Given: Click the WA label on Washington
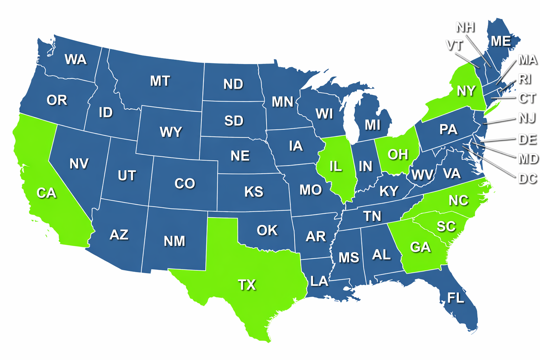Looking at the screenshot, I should coord(76,59).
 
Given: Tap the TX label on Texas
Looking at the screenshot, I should coord(247,284).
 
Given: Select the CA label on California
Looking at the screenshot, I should coord(46,193).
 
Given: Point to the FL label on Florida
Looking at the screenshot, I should coord(456,298).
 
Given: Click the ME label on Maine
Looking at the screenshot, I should coord(501,41).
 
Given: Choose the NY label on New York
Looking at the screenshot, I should coord(466,91).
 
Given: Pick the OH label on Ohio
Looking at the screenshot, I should coord(398,154).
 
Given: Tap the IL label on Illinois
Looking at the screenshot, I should coord(336,166).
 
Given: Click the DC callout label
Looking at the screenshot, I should coord(528,179).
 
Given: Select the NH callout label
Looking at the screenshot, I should coord(465,27).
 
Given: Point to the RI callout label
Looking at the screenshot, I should coord(525,79).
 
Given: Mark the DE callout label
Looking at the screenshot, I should coord(527,139).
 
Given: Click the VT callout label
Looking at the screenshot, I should coord(454,45).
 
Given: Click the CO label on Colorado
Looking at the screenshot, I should coord(185,183).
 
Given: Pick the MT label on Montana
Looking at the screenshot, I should coord(160,81).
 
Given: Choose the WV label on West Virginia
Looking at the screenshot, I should coord(422,174).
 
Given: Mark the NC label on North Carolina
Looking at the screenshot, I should coord(458,200).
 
